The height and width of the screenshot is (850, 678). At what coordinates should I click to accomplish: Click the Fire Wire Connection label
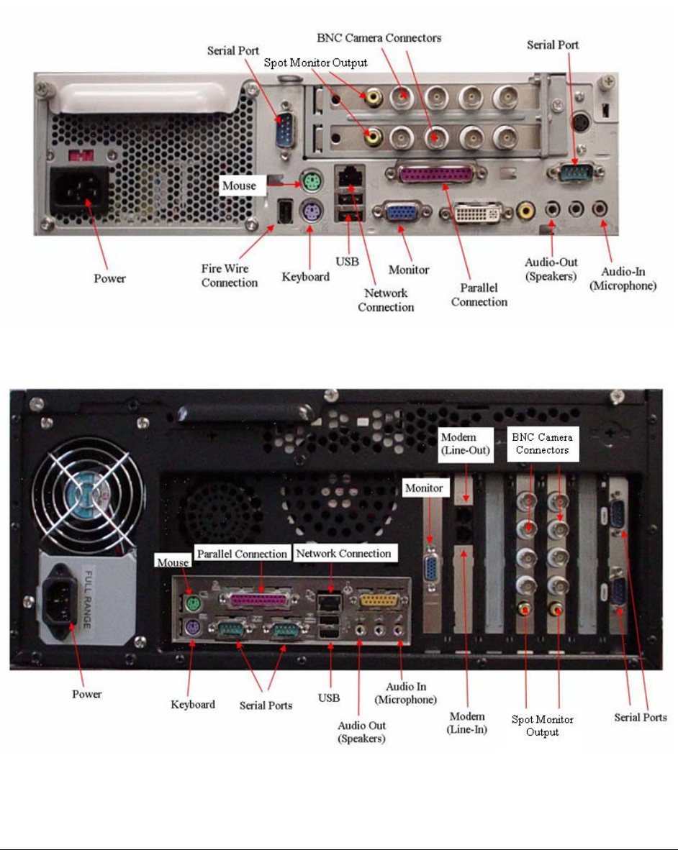229,276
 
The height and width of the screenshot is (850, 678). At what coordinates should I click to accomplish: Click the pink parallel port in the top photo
437,175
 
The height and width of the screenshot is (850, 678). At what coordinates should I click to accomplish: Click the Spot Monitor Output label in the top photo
315,63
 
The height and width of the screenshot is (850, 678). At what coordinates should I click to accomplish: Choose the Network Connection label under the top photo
386,300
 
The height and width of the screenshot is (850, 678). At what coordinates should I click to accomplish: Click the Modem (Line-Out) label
464,444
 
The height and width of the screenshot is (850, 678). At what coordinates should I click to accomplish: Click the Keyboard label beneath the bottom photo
193,704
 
